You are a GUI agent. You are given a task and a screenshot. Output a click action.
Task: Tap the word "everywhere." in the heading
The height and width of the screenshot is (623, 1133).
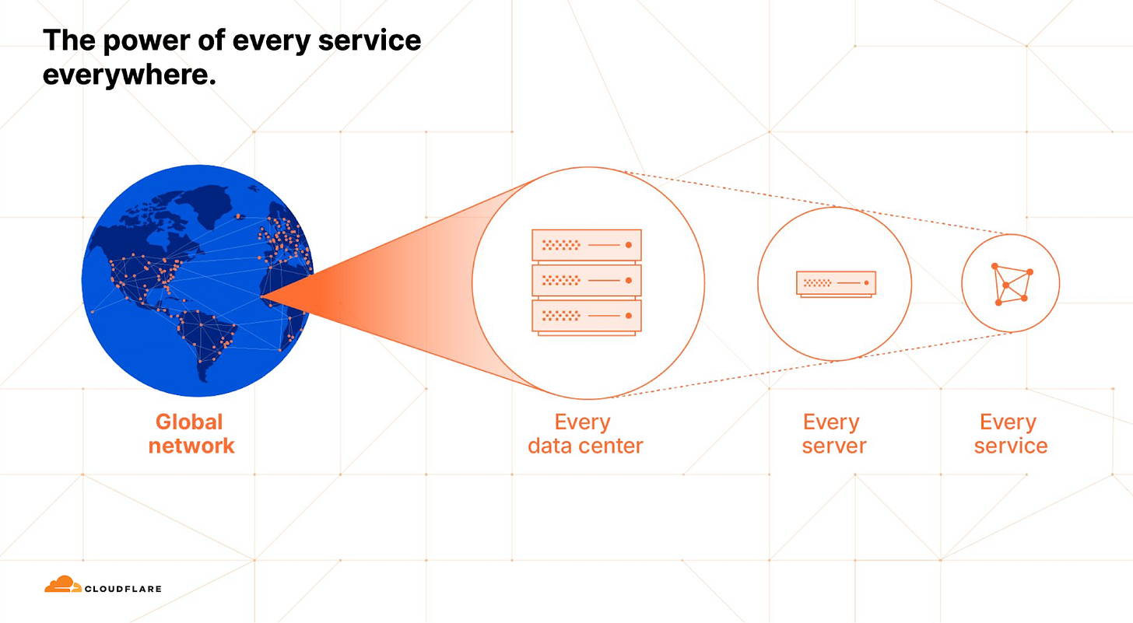[x=128, y=76]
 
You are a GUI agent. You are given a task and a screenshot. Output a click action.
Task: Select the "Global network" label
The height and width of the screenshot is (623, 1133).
[x=190, y=434]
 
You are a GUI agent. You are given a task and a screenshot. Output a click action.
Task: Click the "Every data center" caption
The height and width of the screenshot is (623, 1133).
[x=584, y=434]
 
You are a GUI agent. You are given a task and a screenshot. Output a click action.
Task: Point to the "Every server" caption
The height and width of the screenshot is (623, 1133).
[x=833, y=434]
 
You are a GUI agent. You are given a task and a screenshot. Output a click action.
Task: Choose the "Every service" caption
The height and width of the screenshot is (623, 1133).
[x=1009, y=434]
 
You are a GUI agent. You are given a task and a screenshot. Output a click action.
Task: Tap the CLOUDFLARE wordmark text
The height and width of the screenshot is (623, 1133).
[x=124, y=589]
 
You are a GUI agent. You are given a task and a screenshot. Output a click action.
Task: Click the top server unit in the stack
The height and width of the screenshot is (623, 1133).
[x=586, y=245]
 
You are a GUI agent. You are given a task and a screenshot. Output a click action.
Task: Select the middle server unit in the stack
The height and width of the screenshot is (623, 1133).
[x=586, y=280]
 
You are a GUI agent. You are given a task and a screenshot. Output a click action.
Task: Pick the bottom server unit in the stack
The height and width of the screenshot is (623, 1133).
[x=586, y=316]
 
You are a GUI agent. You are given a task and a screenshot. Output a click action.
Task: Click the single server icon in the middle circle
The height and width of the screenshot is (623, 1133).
[x=836, y=283]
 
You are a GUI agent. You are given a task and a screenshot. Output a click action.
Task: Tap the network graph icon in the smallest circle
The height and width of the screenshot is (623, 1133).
[x=1010, y=284]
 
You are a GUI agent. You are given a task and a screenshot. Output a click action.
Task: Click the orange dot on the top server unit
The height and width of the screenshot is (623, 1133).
[x=629, y=245]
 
